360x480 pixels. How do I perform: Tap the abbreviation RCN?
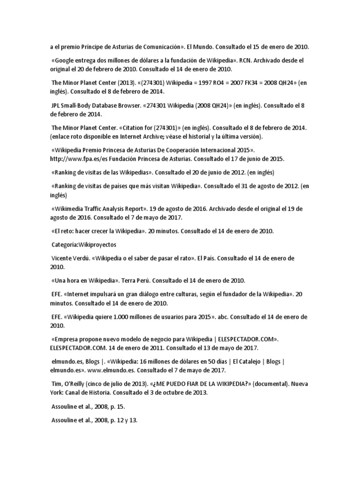(247, 60)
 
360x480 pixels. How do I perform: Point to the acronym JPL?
(56, 106)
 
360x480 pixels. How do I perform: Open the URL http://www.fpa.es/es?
(75, 159)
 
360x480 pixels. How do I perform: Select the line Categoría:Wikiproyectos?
(84, 245)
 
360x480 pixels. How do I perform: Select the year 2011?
(130, 348)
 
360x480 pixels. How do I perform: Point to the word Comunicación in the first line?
(157, 47)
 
